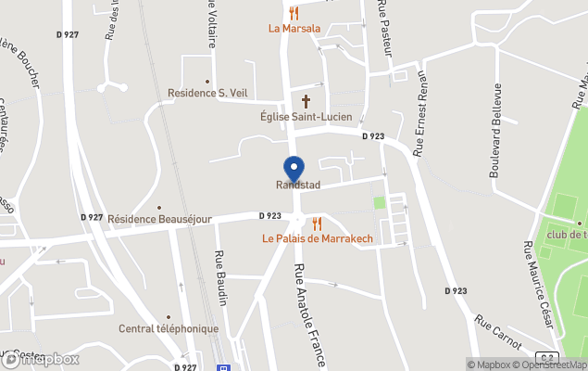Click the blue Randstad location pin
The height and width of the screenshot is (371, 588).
294,169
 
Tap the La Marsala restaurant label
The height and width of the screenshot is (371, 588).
294,28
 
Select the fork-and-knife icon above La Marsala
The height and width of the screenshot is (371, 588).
294,12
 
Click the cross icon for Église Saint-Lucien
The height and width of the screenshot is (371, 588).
307,101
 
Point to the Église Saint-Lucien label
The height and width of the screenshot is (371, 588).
307,117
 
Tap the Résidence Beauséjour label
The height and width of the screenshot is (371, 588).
159,219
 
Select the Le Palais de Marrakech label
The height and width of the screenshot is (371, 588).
317,239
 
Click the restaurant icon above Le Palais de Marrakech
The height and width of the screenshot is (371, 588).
317,224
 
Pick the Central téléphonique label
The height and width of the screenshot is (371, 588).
169,328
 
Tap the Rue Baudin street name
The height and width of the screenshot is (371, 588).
221,279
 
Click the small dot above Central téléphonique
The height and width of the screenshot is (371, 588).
168,316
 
